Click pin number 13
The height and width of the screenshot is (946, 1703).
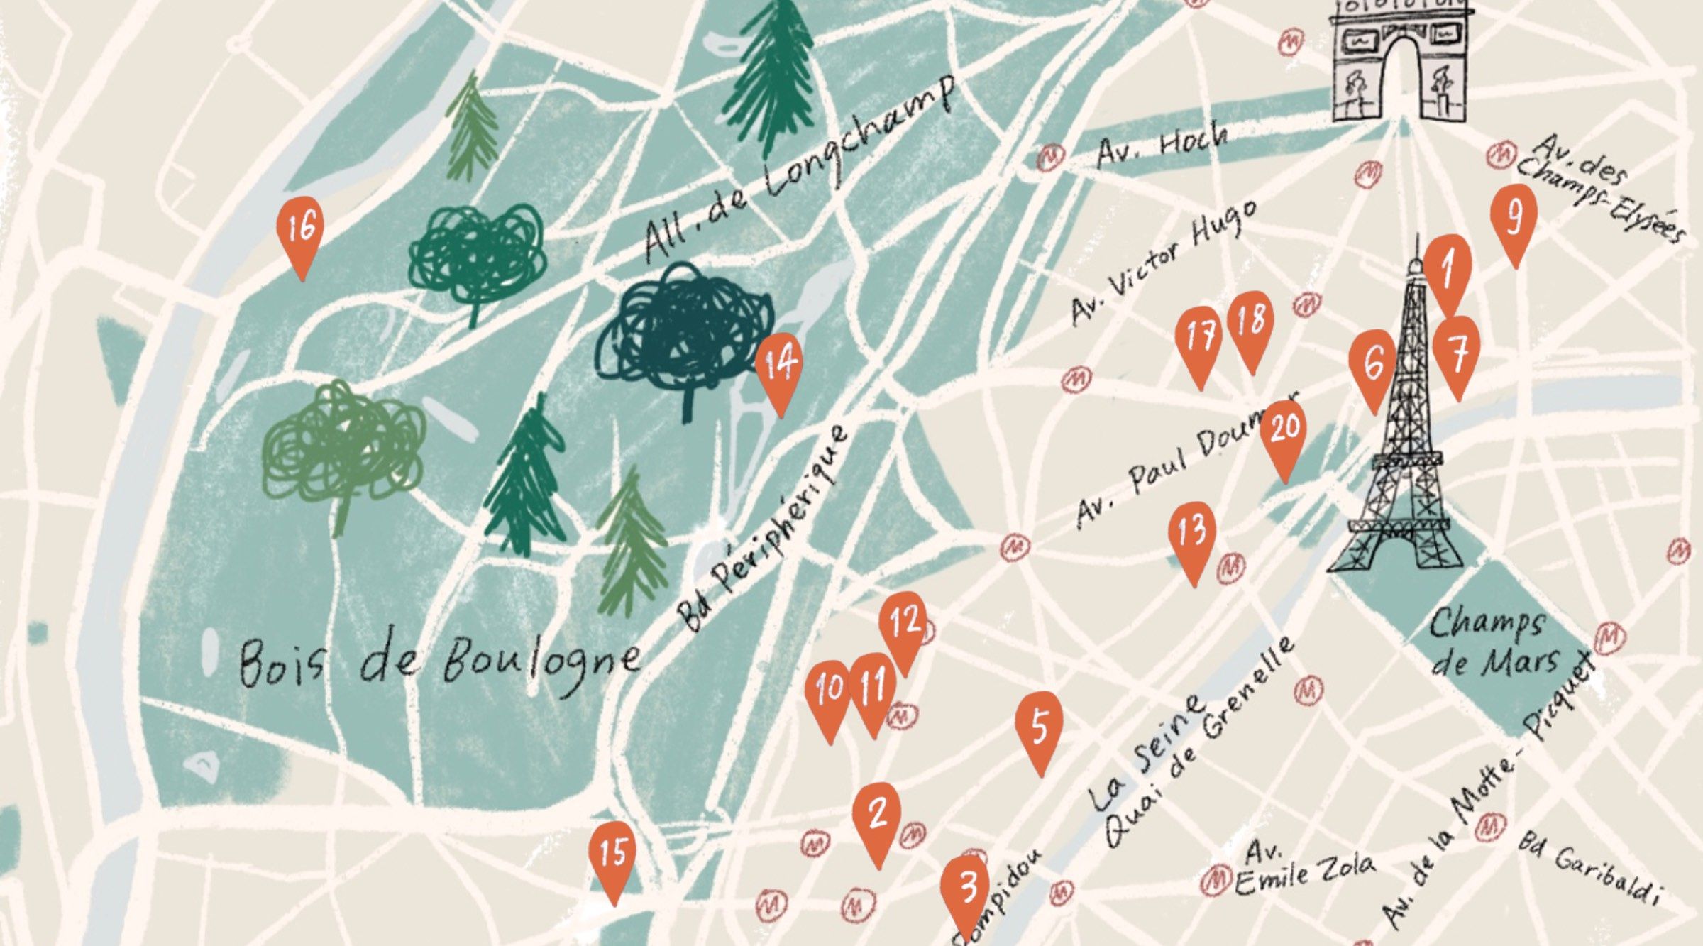(1192, 532)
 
